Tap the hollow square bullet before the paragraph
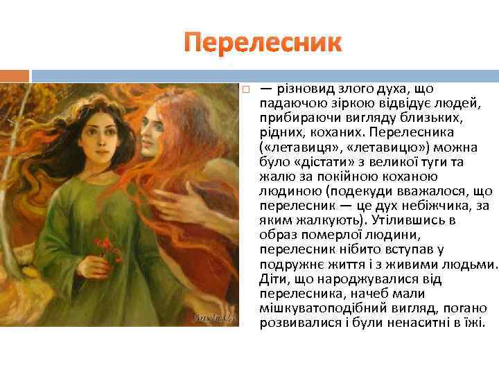[245, 90]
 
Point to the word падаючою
[288, 103]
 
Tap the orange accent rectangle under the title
[15, 75]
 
